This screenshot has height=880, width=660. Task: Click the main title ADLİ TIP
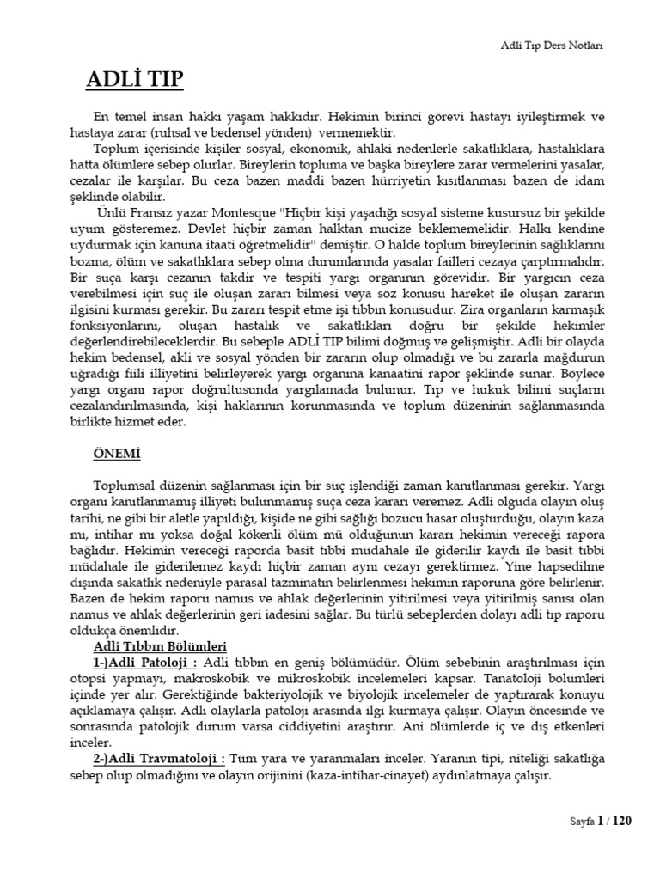134,81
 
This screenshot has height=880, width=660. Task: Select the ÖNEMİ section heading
116,453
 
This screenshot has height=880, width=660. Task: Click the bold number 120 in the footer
621,821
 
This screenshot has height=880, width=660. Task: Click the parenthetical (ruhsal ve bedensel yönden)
230,132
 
